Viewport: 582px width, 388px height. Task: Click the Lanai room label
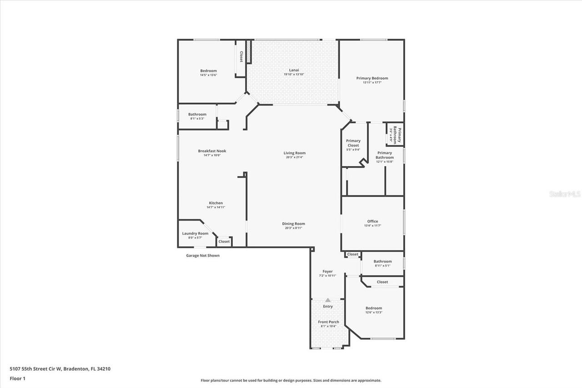tap(294, 70)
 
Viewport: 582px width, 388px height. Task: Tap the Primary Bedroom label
tap(372, 78)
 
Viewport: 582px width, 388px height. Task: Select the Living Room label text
tap(295, 153)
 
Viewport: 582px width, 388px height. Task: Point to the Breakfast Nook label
tap(212, 151)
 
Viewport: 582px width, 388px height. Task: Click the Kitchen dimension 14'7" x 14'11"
tap(216, 207)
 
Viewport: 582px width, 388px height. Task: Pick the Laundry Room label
tap(195, 233)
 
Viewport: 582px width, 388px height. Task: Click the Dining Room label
tap(293, 223)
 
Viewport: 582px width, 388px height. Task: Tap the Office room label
tap(372, 221)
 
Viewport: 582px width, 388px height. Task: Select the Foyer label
tap(327, 272)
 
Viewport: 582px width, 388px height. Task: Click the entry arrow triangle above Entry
tap(327, 300)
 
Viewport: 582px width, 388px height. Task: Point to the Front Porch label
tap(328, 322)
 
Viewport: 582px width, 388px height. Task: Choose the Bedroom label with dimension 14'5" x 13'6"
tap(208, 71)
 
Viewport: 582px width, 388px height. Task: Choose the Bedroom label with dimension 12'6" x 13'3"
tap(374, 308)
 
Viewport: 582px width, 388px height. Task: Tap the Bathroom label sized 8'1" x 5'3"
tap(197, 114)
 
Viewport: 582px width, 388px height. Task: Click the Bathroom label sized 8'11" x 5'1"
tap(382, 262)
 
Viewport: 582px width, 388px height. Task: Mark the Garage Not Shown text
tap(203, 256)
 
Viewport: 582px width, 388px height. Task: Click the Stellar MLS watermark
tap(565, 194)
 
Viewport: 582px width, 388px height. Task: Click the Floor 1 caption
tap(17, 378)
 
